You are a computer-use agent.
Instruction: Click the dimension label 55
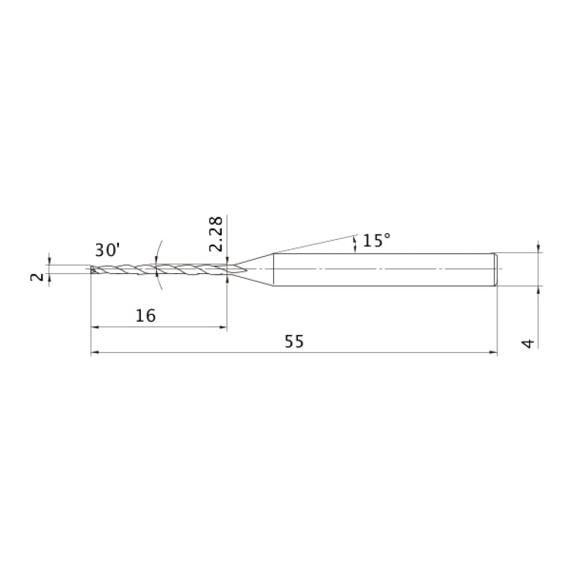click(x=294, y=342)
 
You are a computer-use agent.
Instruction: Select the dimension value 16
click(x=145, y=316)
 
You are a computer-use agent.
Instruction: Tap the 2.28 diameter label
click(x=216, y=234)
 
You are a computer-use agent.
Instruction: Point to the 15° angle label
click(x=377, y=240)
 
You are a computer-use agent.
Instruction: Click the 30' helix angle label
click(x=107, y=250)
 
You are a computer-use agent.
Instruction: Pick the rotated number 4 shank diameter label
click(x=528, y=343)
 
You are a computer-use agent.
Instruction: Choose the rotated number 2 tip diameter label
click(x=36, y=277)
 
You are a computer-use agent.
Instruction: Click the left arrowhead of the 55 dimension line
click(x=95, y=353)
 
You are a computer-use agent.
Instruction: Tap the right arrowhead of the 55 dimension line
click(x=493, y=353)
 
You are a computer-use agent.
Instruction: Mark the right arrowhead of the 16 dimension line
click(x=223, y=327)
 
